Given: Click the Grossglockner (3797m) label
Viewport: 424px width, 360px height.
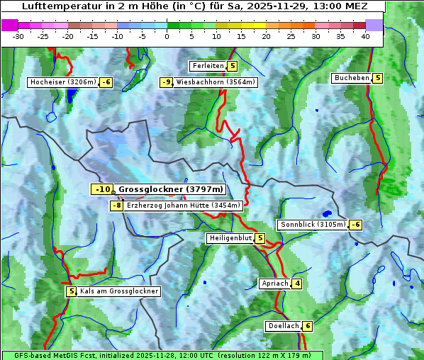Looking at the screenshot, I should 170,189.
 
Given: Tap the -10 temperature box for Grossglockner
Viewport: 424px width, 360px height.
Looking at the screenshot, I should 102,189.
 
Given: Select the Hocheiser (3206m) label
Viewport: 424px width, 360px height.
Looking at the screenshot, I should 62,82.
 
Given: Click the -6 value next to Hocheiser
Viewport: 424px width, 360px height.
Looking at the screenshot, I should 106,82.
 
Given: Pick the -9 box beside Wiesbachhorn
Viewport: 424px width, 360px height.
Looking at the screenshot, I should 167,82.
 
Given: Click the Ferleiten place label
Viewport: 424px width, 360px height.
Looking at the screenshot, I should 208,66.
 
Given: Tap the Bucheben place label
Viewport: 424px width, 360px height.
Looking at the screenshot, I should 351,78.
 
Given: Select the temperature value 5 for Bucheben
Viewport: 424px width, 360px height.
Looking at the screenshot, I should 378,78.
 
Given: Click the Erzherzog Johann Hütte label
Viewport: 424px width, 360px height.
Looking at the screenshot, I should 184,206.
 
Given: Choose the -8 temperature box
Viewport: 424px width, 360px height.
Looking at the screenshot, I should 116,206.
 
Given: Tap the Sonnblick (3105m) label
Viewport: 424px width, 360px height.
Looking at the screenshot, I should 313,225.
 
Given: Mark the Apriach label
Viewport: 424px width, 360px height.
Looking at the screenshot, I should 274,283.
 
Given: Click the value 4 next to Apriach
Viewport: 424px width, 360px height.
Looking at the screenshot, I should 297,283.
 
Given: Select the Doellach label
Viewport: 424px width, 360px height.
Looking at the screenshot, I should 283,326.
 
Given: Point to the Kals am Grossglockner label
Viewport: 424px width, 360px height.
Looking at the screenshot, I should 118,291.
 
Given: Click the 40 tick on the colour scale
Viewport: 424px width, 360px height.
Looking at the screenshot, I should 364,35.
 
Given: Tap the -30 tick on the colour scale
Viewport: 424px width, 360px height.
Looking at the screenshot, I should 18,35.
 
